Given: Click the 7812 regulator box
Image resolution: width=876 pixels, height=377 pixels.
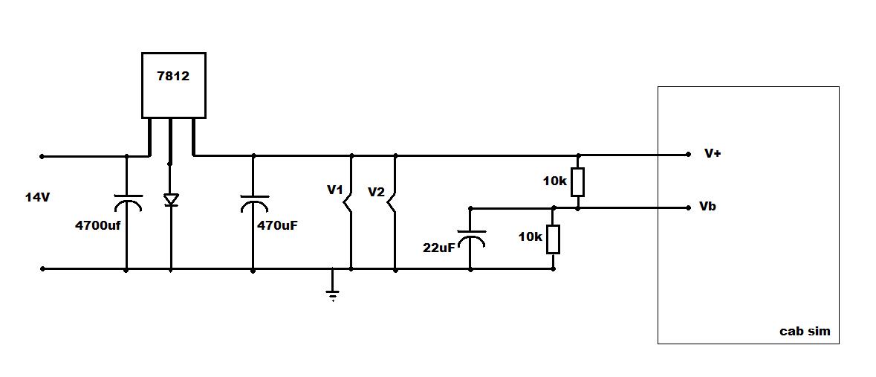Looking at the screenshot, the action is point(174,85).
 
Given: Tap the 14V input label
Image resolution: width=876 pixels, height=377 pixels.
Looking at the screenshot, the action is point(37,197).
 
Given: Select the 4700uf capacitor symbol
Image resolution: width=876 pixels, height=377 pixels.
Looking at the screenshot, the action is point(127,203).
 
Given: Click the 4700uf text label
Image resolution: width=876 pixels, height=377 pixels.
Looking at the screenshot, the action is point(98,226).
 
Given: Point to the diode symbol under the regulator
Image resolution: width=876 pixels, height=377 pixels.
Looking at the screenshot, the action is point(171,200).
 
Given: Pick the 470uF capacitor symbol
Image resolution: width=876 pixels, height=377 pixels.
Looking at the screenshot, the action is point(254,203).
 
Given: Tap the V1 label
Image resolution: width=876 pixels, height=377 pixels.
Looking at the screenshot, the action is point(334,190).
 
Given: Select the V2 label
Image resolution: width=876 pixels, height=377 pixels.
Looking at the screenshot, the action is point(376,193).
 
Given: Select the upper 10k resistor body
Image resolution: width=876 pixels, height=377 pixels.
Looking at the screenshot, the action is point(578,181).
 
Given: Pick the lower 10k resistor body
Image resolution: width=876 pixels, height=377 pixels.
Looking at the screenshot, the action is point(554,239).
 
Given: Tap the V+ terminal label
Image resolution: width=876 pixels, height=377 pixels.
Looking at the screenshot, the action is point(713,154).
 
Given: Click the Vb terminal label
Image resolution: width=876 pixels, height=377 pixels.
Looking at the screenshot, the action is point(707,207).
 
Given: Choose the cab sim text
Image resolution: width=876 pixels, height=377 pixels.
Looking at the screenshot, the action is point(805,331).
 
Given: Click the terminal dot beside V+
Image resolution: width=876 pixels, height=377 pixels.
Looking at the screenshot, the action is point(689,155).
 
